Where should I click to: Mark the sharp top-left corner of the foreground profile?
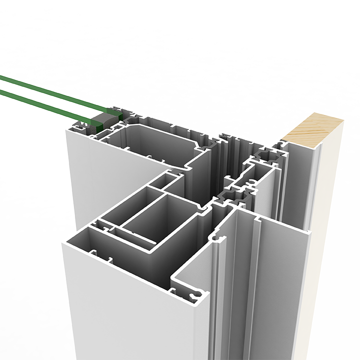(62, 243)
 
